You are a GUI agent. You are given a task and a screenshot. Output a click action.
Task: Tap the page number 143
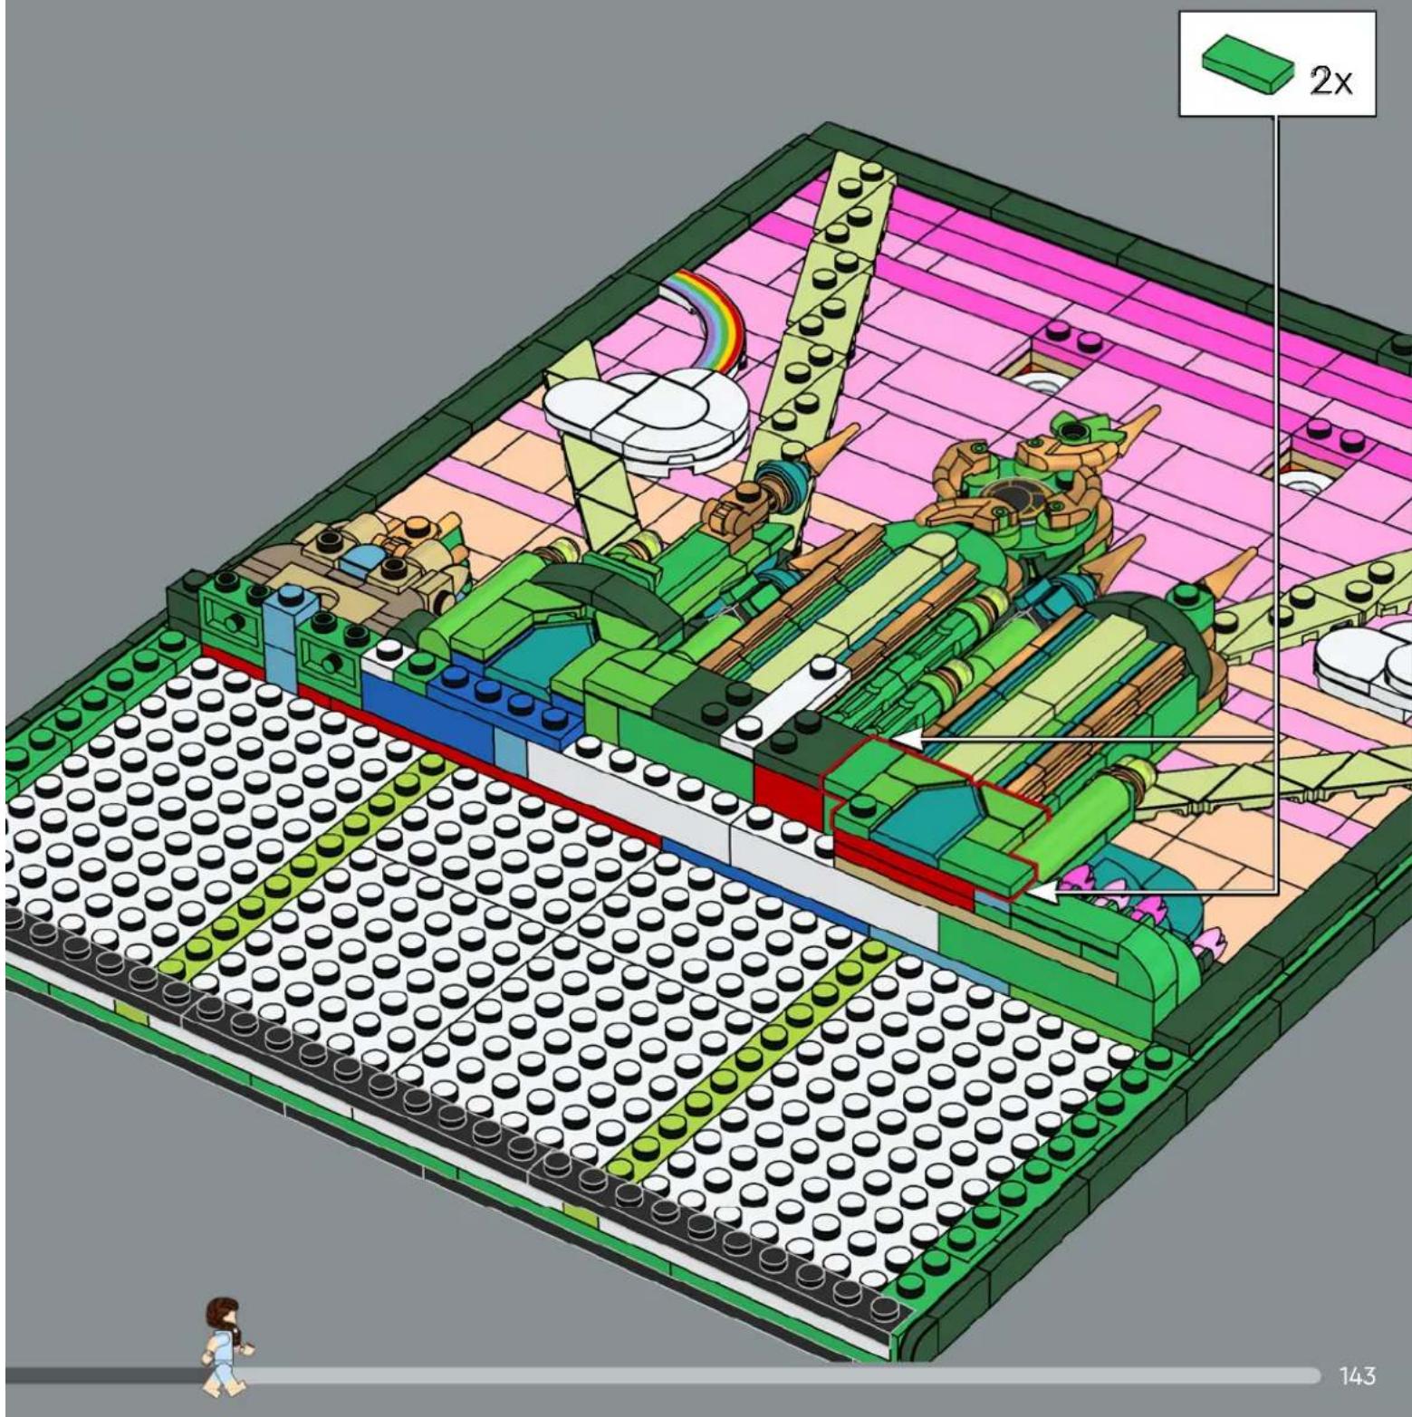[1357, 1375]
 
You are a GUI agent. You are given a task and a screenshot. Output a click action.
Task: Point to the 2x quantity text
[1330, 81]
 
